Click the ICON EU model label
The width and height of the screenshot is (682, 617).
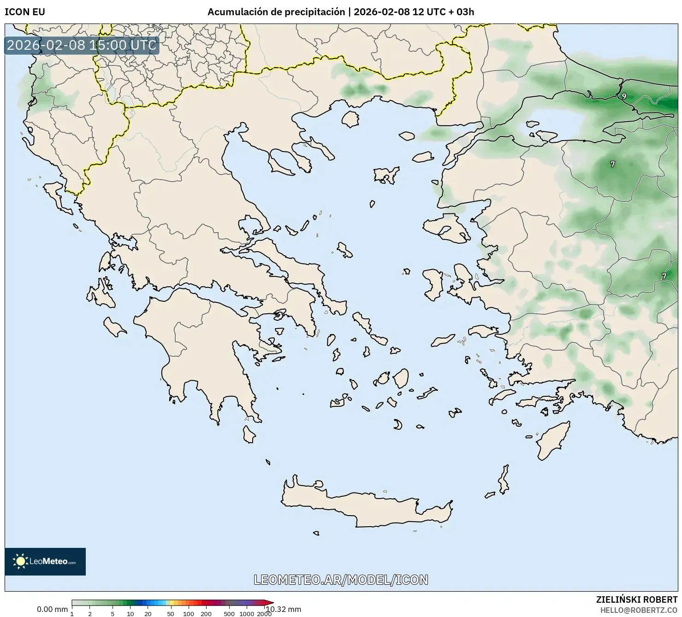25,12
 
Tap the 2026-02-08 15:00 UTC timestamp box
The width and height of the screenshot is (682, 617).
82,45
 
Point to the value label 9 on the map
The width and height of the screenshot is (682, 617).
624,96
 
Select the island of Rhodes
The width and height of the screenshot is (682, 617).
552,440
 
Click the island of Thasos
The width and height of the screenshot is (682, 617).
350,119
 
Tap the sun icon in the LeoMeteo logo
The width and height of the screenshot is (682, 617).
20,561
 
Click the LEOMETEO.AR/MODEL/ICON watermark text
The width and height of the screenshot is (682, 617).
341,580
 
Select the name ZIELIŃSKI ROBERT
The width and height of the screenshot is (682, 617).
636,599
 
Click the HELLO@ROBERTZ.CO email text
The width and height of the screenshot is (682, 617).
641,610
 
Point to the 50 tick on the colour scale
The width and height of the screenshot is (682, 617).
171,613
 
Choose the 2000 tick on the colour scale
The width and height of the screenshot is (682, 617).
264,613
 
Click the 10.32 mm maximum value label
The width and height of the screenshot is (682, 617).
284,609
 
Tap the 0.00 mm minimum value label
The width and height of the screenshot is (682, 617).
52,609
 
